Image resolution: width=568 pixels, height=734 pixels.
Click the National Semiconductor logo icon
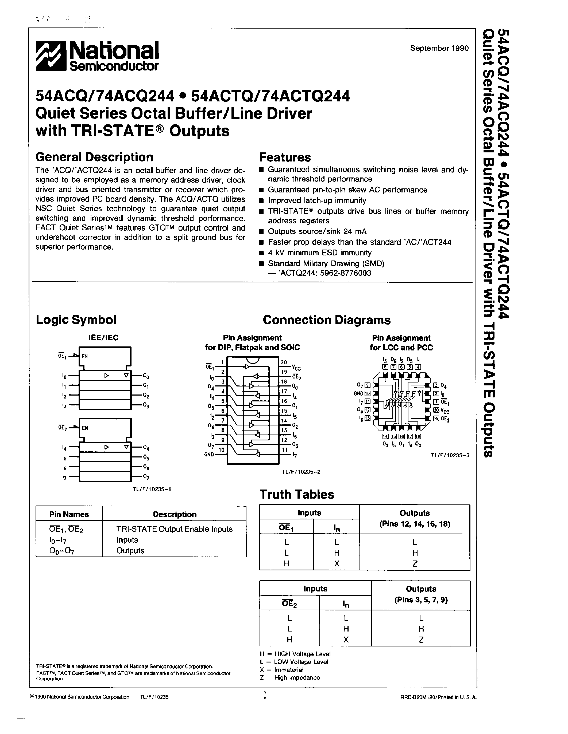pyautogui.click(x=51, y=56)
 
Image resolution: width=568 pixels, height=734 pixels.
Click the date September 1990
pyautogui.click(x=439, y=48)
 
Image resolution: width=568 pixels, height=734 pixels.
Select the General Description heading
pyautogui.click(x=94, y=157)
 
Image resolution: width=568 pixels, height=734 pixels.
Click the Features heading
pyautogui.click(x=285, y=157)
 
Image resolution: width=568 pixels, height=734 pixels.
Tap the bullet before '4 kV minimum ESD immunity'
pyautogui.click(x=261, y=253)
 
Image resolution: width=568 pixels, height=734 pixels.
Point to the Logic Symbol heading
pyautogui.click(x=76, y=319)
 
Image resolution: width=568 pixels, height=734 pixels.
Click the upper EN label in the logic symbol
pyautogui.click(x=85, y=356)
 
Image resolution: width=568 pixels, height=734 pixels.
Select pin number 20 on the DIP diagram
pyautogui.click(x=284, y=362)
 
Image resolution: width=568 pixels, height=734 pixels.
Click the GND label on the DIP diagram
pyautogui.click(x=209, y=454)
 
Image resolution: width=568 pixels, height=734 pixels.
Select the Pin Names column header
pyautogui.click(x=69, y=514)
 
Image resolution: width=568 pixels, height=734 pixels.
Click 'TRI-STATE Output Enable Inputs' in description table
pyautogui.click(x=174, y=529)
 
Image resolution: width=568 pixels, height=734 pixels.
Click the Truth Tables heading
pyautogui.click(x=297, y=494)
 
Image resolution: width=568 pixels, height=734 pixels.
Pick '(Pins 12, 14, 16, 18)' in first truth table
pyautogui.click(x=415, y=524)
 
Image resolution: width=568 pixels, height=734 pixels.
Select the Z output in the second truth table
pyautogui.click(x=421, y=640)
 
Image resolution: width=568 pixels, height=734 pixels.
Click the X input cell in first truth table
pyautogui.click(x=337, y=564)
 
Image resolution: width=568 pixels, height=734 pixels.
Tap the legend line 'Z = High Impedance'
pyautogui.click(x=290, y=677)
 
